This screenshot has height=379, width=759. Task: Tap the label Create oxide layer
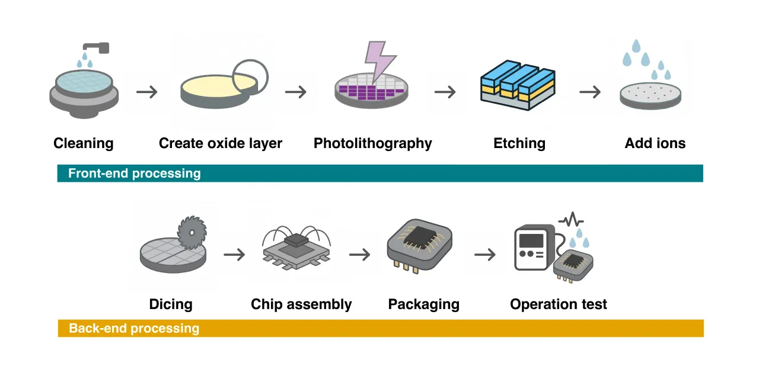pyautogui.click(x=221, y=143)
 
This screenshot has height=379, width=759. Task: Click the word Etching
pyautogui.click(x=519, y=143)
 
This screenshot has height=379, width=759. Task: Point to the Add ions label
pyautogui.click(x=655, y=143)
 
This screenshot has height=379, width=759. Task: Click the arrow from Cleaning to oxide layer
pyautogui.click(x=147, y=92)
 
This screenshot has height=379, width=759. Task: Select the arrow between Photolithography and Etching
pyautogui.click(x=445, y=92)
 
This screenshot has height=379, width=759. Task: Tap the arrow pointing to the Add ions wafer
pyautogui.click(x=590, y=92)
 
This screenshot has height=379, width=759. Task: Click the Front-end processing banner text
pyautogui.click(x=135, y=174)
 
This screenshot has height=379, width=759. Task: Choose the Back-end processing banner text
pyautogui.click(x=134, y=328)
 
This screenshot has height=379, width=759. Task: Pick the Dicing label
pyautogui.click(x=171, y=304)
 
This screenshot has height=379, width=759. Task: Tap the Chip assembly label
pyautogui.click(x=301, y=304)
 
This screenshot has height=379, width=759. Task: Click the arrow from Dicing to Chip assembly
pyautogui.click(x=234, y=255)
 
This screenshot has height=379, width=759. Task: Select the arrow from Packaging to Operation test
pyautogui.click(x=485, y=255)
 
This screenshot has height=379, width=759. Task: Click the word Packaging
pyautogui.click(x=424, y=304)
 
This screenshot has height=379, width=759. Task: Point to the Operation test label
pyautogui.click(x=559, y=304)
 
